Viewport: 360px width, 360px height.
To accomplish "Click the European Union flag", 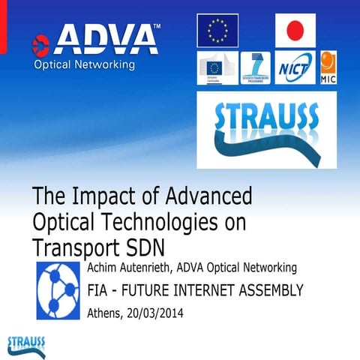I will point(217,31).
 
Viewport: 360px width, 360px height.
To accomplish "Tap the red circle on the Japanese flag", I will point(295,31).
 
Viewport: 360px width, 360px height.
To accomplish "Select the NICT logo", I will point(294,67).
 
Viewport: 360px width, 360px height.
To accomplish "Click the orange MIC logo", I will point(328,67).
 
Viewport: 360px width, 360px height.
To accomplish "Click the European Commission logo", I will point(217,67).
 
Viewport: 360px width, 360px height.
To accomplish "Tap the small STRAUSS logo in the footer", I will point(25,344).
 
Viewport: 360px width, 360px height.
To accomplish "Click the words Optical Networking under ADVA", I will point(84,64).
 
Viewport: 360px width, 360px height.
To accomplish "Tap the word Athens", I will point(104,313).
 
